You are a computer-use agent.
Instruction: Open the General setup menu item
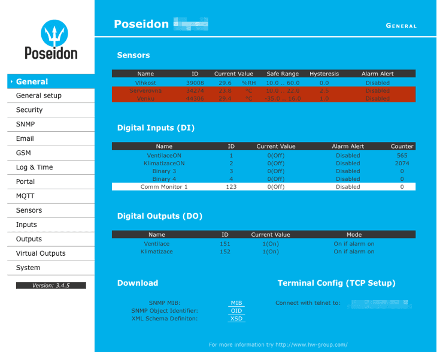point(38,96)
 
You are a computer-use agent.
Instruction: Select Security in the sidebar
point(29,110)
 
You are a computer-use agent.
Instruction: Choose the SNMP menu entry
point(25,125)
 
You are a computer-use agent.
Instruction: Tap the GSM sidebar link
point(23,153)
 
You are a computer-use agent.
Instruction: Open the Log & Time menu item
point(34,168)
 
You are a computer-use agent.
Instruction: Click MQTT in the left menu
point(25,196)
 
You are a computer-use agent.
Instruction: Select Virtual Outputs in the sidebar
point(41,254)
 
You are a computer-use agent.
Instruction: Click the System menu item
point(28,268)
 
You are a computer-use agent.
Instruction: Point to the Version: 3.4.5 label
point(51,286)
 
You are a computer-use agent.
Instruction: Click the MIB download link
point(236,303)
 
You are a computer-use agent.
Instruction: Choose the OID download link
point(236,311)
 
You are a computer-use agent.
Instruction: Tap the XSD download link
point(236,319)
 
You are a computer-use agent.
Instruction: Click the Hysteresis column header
point(324,74)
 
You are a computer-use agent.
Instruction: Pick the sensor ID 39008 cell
point(195,83)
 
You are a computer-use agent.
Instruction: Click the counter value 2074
point(402,163)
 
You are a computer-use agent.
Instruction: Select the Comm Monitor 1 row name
point(164,187)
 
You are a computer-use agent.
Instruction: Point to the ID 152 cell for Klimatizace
point(225,252)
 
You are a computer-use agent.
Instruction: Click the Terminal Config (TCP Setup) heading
point(336,283)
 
